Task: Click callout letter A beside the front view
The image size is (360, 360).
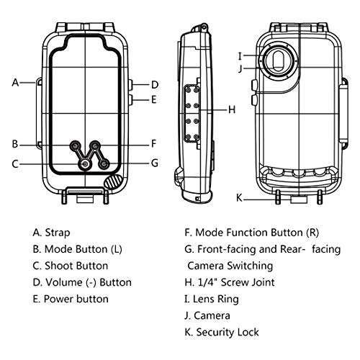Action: (x=15, y=82)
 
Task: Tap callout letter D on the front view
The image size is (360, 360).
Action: (x=154, y=84)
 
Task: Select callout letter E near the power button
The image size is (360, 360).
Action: (x=154, y=99)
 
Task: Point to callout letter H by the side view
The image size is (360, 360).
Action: (x=232, y=110)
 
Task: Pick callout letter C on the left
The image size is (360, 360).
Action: (x=15, y=163)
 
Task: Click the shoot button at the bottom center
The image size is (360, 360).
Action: (x=86, y=164)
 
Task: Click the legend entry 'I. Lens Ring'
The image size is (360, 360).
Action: (x=212, y=299)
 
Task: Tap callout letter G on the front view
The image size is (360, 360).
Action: (x=154, y=163)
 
